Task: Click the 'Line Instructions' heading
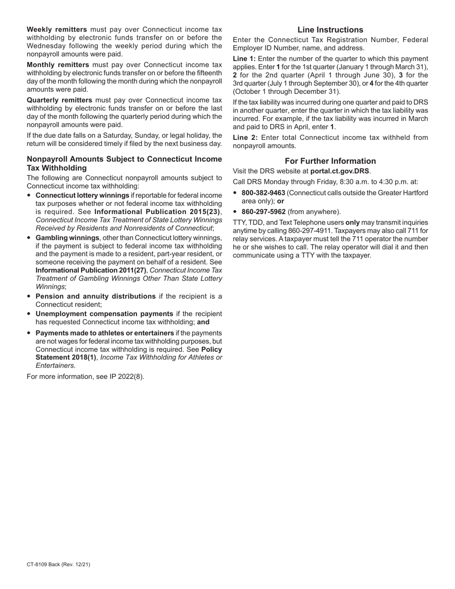tap(330, 30)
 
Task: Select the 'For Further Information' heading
tap(330, 161)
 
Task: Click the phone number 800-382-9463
tap(263, 193)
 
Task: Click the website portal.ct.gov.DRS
tap(340, 170)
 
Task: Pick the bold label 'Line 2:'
tap(244, 137)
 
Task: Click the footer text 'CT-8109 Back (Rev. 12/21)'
tap(58, 565)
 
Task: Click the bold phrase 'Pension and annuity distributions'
tap(95, 296)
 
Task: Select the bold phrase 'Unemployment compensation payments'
tap(104, 314)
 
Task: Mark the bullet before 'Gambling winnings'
tap(30, 238)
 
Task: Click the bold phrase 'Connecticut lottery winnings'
tap(82, 195)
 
